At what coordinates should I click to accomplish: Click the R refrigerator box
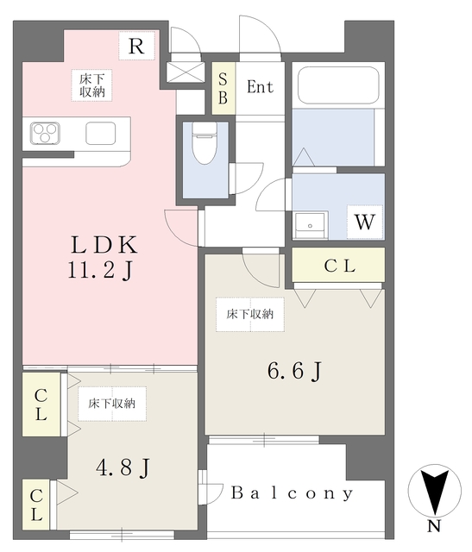point(136,46)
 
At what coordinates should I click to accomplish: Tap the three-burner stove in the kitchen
point(45,133)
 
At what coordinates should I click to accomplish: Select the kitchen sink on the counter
point(101,133)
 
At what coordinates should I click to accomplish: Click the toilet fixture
point(205,142)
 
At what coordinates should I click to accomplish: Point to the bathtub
point(338,85)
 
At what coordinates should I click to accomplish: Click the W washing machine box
point(365,222)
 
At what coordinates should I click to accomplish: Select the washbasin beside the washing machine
point(310,225)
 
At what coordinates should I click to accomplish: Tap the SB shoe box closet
point(223,88)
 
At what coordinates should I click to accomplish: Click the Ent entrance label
point(260,87)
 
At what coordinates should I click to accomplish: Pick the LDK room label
point(104,245)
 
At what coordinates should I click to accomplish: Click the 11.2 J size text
point(100,272)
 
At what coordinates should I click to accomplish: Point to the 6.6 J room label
point(295,372)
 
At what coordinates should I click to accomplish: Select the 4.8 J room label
point(123,467)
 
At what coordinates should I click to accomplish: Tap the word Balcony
point(292,493)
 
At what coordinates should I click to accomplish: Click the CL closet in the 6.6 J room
point(338,265)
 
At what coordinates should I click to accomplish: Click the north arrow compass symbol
point(435,492)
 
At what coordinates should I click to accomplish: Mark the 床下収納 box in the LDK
point(92,85)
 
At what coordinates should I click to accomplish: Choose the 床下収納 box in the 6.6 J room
point(250,314)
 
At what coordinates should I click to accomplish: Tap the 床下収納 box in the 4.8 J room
point(112,404)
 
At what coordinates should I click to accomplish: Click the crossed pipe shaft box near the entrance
point(186,72)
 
